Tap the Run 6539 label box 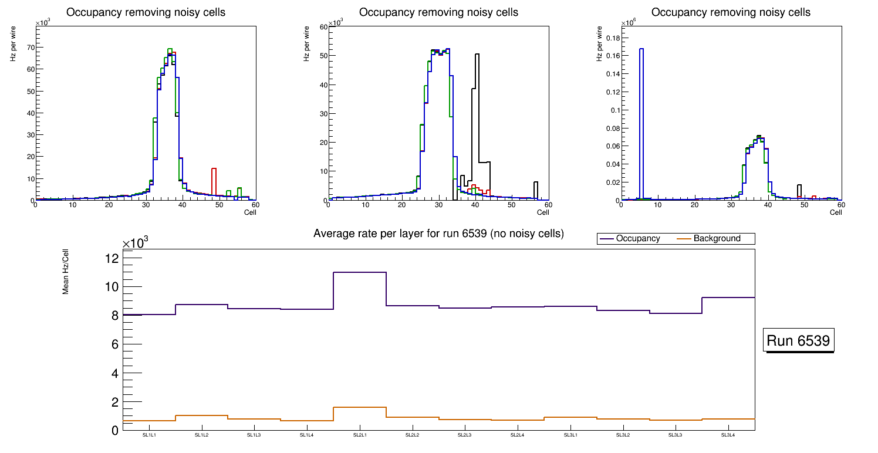pos(799,341)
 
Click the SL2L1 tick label pos(360,435)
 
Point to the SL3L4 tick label pos(728,435)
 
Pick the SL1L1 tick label pos(149,435)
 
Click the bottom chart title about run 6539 pos(438,234)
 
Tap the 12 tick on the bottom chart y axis pos(112,259)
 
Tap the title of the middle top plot pos(438,12)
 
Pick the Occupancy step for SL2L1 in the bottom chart pos(360,272)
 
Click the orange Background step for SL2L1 pos(360,407)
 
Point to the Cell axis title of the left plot pos(250,212)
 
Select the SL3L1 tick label pos(570,435)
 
